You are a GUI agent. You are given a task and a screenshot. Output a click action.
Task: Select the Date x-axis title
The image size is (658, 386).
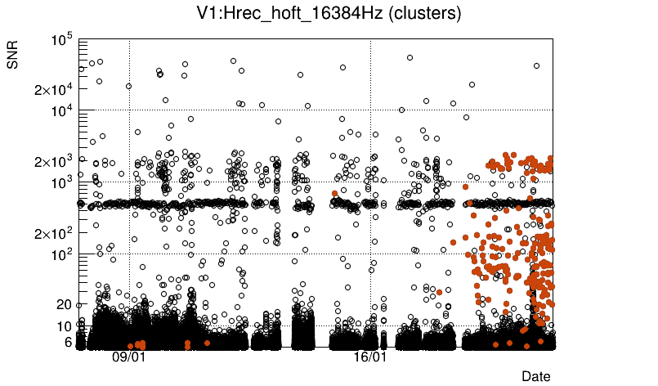point(536,375)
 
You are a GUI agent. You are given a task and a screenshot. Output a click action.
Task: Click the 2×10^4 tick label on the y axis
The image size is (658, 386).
point(54,89)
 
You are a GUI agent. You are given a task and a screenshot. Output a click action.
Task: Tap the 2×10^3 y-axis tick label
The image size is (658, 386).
point(54,161)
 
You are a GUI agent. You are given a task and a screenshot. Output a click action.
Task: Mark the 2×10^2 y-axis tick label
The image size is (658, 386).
point(54,234)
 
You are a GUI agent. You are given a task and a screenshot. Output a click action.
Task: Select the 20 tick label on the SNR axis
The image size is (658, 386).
point(65,304)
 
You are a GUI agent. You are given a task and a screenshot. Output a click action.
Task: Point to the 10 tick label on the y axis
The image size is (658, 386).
point(65,326)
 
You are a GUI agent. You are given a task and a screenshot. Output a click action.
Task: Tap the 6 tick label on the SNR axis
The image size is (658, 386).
point(69,342)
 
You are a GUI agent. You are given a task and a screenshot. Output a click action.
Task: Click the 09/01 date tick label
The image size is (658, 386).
point(128,357)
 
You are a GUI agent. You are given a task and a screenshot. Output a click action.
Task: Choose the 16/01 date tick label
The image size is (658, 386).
point(369,357)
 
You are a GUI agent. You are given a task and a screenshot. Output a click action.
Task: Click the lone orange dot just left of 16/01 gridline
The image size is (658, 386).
point(334,194)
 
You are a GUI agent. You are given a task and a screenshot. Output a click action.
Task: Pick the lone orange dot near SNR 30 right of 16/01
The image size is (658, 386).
point(440,292)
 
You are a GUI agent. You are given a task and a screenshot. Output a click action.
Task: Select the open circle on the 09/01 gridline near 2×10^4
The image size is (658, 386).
point(128,86)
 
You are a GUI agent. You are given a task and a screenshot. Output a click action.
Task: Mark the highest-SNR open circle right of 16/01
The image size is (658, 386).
point(410,57)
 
